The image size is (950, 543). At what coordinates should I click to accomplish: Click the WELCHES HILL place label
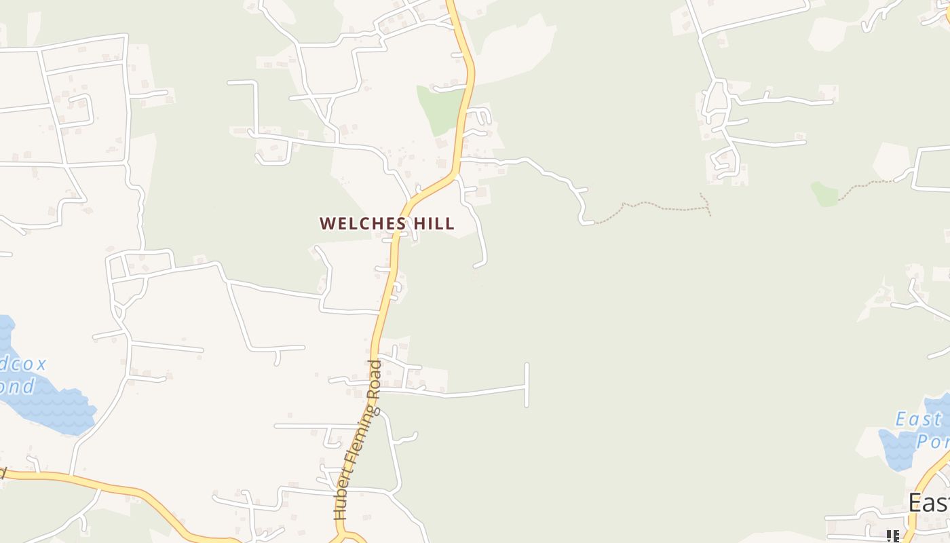(387, 223)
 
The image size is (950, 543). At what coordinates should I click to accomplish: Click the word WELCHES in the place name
(362, 223)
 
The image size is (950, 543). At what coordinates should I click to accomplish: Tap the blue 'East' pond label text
(917, 419)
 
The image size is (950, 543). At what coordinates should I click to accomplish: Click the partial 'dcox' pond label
(23, 364)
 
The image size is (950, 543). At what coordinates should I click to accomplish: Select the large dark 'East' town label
(929, 503)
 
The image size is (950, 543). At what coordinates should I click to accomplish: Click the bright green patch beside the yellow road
(440, 107)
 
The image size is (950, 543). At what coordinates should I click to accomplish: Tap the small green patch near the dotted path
(824, 194)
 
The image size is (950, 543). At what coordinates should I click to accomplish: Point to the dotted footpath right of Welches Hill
(651, 206)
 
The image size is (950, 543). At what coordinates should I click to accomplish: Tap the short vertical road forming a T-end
(527, 385)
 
